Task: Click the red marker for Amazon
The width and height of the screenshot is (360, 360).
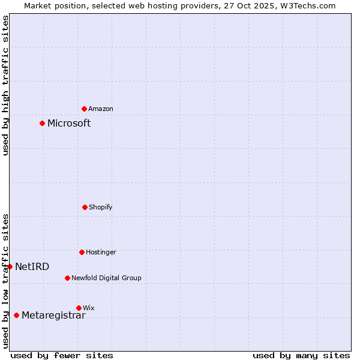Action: coord(84,109)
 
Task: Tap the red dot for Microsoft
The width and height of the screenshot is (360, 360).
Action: coord(42,123)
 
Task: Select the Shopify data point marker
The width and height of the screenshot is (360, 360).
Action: coord(85,207)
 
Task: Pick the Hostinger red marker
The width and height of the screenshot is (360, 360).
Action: coord(82,252)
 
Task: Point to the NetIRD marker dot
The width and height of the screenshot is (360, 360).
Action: coord(10,266)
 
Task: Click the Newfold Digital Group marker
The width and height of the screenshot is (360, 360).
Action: coord(67,278)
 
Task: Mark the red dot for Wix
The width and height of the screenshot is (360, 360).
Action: coord(79,308)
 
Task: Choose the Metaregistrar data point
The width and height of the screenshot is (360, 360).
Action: coord(16,315)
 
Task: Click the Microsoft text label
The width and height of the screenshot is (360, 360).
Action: coord(69,123)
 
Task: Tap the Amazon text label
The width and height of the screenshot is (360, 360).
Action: coord(101,109)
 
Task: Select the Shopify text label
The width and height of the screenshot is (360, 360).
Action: coord(101,207)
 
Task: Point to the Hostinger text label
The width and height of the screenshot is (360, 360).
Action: coord(101,252)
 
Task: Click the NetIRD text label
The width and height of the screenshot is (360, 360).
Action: coord(32,266)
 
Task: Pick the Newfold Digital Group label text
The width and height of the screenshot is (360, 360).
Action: coord(106,278)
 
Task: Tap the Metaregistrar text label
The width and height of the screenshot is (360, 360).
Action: coord(53,316)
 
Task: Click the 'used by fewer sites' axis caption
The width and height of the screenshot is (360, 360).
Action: coord(62,355)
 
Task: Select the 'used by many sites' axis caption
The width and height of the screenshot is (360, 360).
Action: coord(301,355)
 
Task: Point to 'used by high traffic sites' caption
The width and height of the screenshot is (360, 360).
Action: coord(5,85)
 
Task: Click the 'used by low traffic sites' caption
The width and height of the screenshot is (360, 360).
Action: coord(5,281)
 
